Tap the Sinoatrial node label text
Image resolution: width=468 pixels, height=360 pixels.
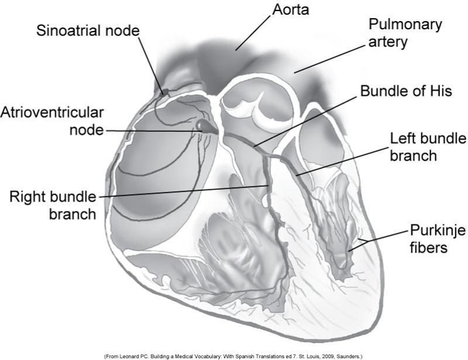(87, 30)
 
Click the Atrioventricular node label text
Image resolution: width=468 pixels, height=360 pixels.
(52, 120)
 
